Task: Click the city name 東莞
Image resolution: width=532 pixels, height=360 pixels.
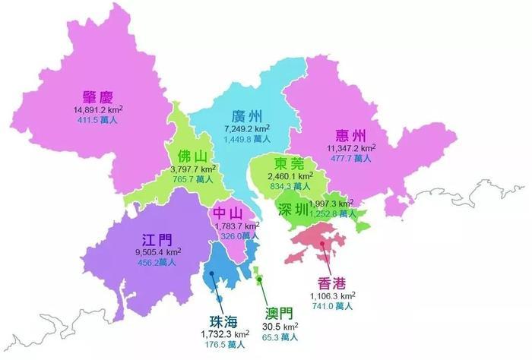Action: [290, 163]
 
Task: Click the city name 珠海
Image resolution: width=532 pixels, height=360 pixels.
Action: [226, 321]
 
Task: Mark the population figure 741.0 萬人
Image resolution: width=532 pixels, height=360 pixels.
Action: [332, 305]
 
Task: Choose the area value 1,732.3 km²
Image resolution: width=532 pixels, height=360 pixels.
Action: [225, 333]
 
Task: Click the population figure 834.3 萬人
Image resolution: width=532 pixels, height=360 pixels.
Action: [290, 186]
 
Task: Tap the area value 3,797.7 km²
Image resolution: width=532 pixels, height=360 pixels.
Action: [193, 169]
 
